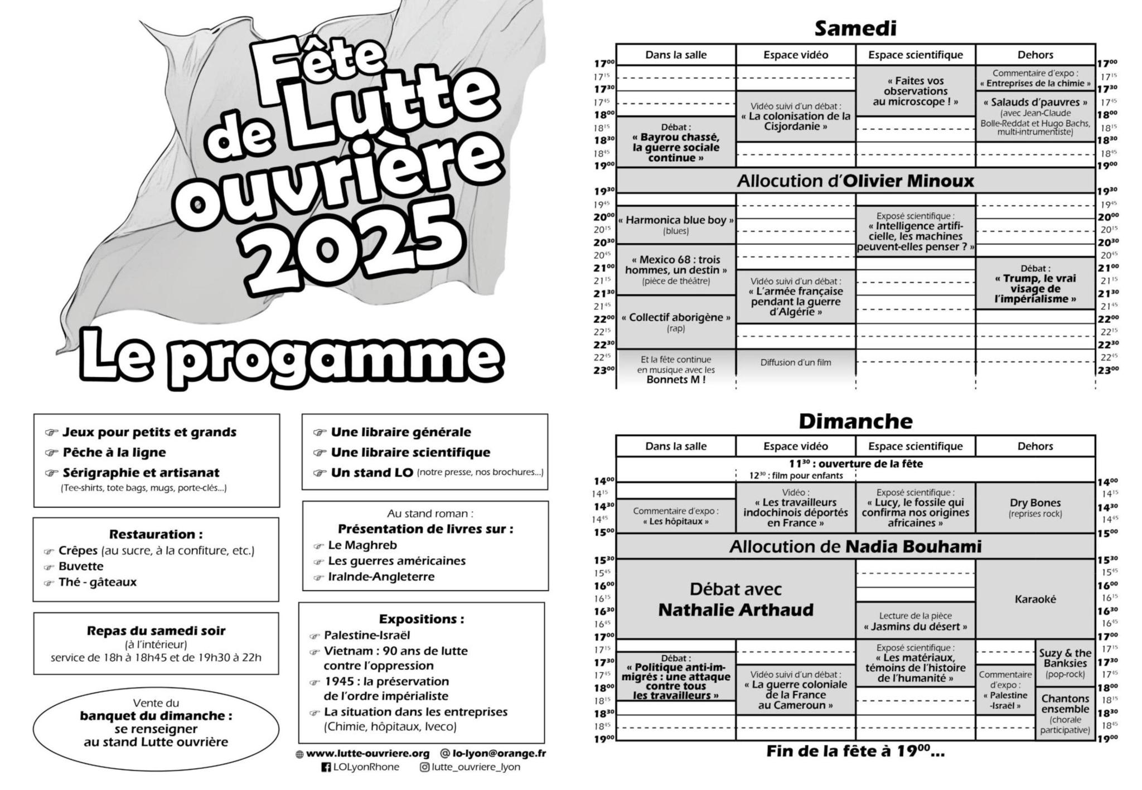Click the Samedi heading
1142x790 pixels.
855,28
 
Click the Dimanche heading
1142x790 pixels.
855,421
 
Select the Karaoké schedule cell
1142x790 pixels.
1035,599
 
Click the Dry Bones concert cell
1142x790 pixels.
1035,507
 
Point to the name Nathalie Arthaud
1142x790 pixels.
735,610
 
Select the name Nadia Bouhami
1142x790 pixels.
913,547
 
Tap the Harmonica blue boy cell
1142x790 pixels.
676,225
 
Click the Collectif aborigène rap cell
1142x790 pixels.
676,322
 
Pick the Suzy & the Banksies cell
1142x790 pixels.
1065,663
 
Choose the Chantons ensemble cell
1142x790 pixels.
1065,713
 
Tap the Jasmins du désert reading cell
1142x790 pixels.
915,621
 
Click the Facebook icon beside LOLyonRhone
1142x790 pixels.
326,767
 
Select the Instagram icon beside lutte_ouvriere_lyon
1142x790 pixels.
425,767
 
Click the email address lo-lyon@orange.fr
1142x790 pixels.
499,753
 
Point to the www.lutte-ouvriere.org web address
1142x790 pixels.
367,753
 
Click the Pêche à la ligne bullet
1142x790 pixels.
114,452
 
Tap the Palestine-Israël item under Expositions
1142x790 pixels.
366,635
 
